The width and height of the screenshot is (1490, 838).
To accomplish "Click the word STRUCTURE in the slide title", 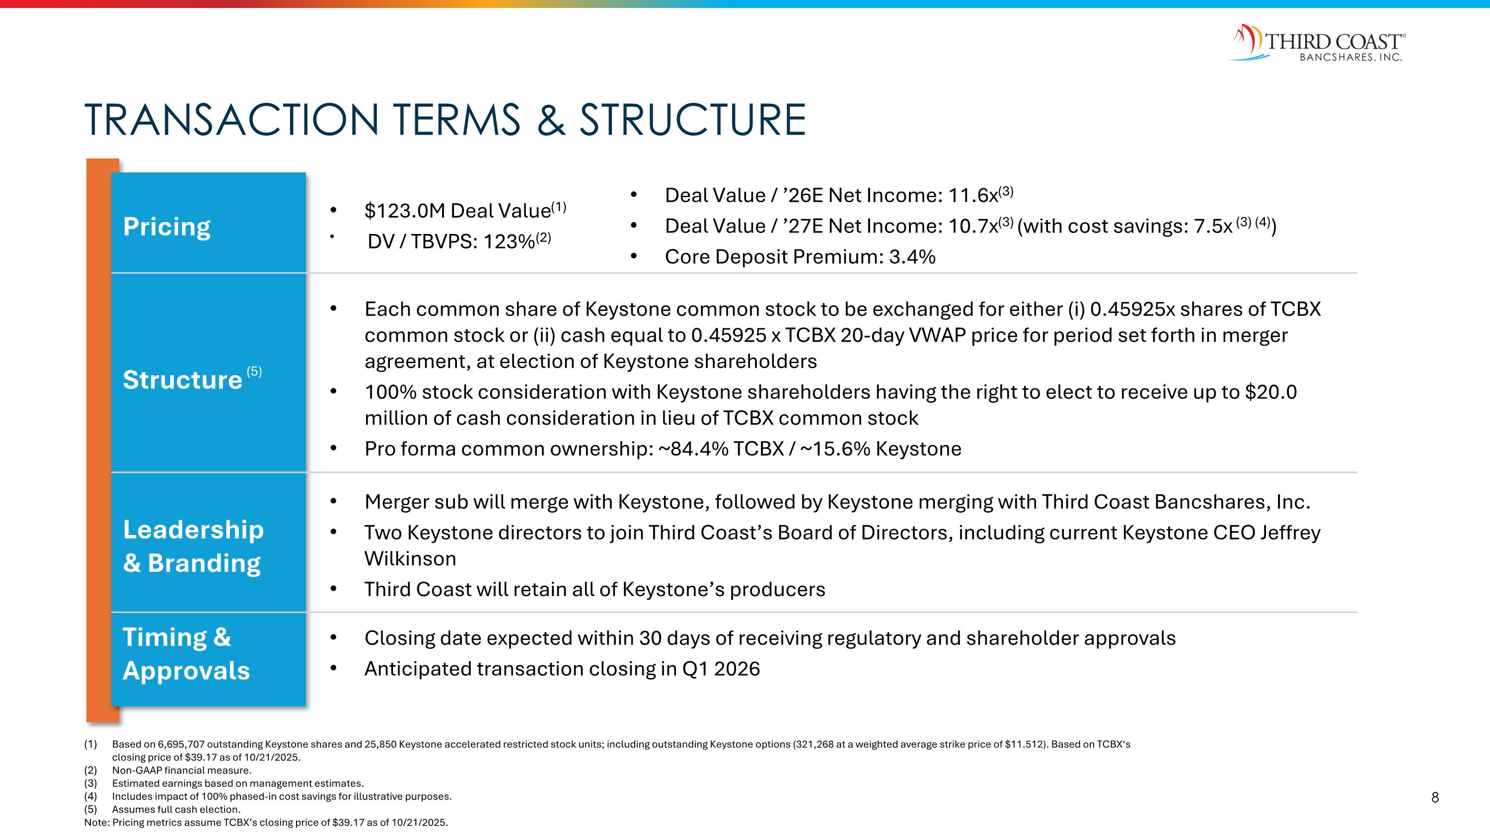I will [692, 120].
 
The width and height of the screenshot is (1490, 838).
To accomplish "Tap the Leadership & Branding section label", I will [193, 546].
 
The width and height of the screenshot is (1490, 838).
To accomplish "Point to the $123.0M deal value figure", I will [405, 211].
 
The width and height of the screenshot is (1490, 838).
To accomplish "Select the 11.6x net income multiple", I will [973, 196].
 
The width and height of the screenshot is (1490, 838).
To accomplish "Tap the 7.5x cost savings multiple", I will [1213, 227].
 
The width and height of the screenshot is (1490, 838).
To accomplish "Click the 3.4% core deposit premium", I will [912, 257].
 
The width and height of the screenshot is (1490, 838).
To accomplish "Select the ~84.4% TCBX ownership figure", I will [693, 449].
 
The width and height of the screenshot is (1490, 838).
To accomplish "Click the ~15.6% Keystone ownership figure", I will [835, 449].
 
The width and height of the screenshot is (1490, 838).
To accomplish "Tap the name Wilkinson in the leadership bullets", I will [410, 559].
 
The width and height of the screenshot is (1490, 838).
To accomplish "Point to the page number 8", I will [1434, 798].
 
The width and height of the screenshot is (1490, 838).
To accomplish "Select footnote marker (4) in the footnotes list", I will [90, 796].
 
